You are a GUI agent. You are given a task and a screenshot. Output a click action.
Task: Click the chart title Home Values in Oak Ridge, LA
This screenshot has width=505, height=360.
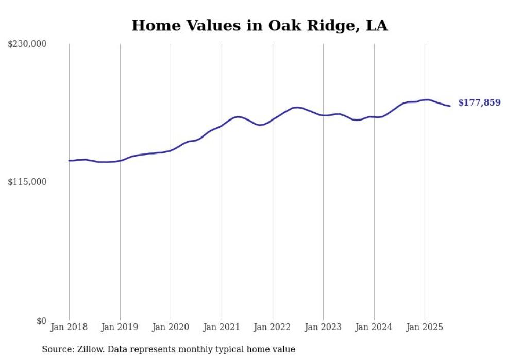[x=259, y=25]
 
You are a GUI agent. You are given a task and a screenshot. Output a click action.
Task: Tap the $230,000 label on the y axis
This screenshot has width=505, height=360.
[x=27, y=44]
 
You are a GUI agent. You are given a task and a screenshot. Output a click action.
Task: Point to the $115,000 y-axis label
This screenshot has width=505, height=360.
[x=27, y=182]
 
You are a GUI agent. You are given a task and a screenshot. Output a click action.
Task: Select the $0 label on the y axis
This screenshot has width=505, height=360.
[x=41, y=321]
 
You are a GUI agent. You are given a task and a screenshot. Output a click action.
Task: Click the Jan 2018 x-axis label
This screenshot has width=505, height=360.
[x=69, y=327]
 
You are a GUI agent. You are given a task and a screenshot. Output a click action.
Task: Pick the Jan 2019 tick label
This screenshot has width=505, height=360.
[x=120, y=327]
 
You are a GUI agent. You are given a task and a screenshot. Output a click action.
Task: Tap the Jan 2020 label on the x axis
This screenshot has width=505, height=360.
[x=171, y=327]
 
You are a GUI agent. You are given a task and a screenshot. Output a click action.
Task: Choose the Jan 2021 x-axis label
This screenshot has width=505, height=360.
[x=222, y=327]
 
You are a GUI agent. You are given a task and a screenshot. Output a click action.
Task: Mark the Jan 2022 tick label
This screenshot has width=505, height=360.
[x=273, y=327]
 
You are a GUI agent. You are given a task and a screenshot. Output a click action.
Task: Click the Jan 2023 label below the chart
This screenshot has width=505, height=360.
[x=323, y=327]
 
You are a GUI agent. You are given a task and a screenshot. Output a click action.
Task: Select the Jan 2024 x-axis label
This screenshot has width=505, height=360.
[x=374, y=327]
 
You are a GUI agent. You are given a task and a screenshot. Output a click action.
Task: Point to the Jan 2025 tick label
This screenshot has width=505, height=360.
[x=425, y=327]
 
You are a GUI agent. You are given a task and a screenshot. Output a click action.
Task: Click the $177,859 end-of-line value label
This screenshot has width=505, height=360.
[x=479, y=103]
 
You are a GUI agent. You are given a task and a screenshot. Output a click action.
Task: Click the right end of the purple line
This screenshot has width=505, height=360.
[x=450, y=106]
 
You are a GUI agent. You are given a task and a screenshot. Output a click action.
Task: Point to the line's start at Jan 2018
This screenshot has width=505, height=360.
[x=69, y=161]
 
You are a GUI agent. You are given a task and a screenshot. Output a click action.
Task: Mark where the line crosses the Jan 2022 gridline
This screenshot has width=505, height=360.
[x=273, y=119]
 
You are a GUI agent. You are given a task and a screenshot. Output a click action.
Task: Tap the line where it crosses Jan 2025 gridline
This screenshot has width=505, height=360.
[x=425, y=99]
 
